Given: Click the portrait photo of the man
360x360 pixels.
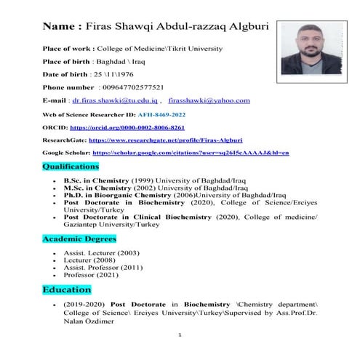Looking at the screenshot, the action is (x=309, y=47).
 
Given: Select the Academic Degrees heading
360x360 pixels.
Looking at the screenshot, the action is (x=77, y=239).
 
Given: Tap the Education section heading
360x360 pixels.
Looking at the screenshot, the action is (x=66, y=289).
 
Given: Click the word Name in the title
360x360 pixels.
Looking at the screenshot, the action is (x=62, y=27).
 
